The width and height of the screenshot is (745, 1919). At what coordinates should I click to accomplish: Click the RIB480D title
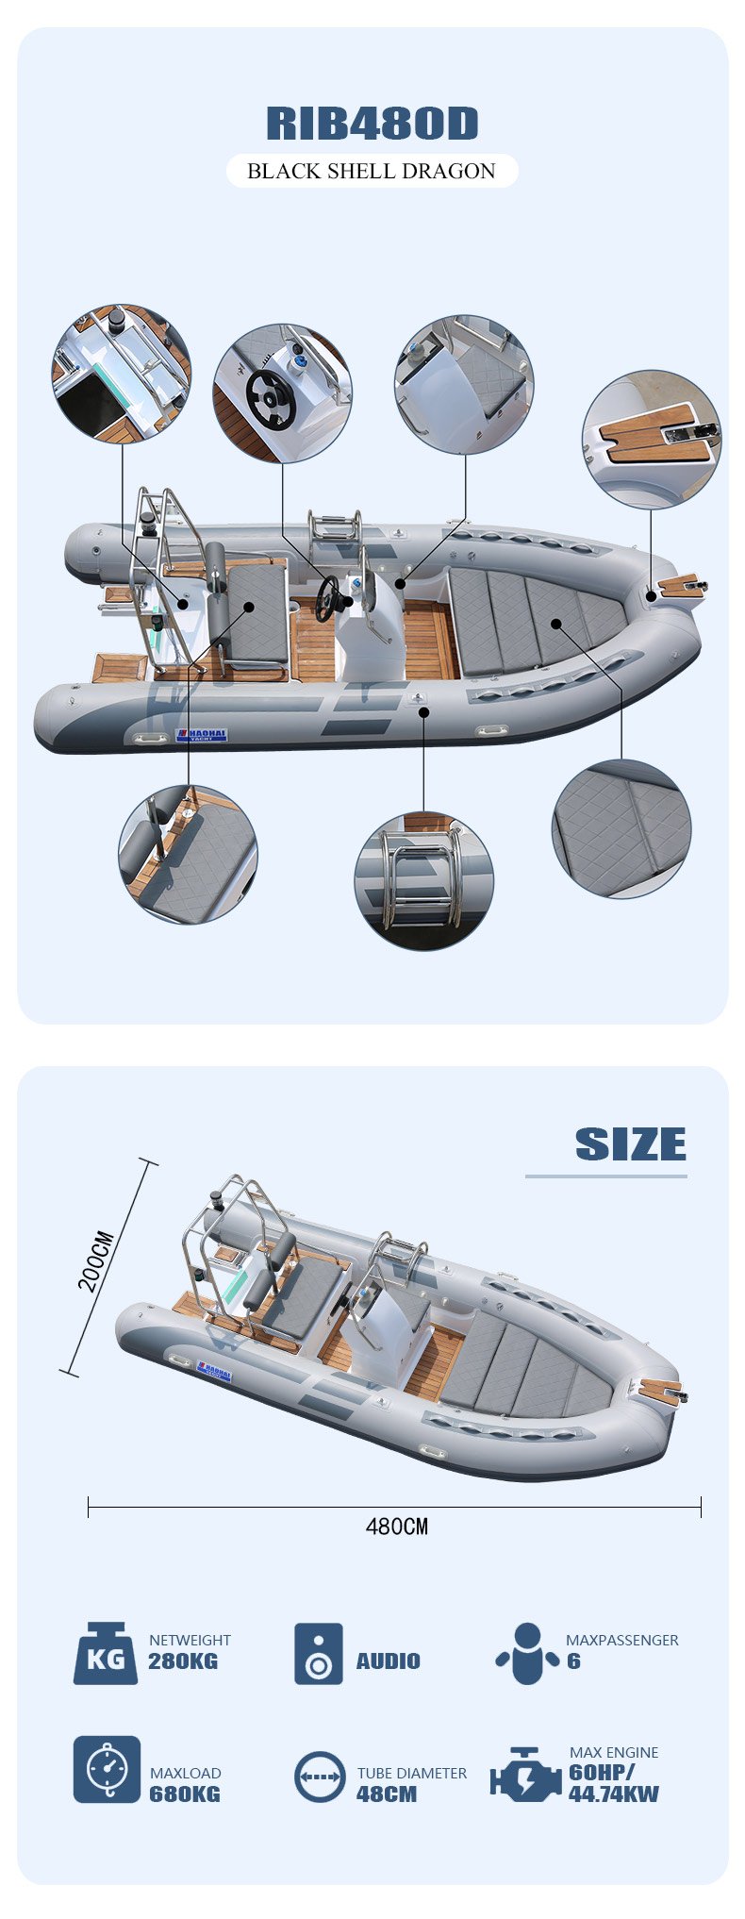pyautogui.click(x=372, y=124)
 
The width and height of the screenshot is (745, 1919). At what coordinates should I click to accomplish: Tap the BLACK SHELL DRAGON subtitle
pyautogui.click(x=372, y=171)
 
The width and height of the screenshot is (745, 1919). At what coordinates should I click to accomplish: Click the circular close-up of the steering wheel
pyautogui.click(x=282, y=393)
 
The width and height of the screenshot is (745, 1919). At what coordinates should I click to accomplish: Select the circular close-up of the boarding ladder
pyautogui.click(x=423, y=880)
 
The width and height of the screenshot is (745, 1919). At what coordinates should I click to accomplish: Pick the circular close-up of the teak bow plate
pyautogui.click(x=652, y=440)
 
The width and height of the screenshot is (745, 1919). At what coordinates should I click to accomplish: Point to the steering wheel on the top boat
pyautogui.click(x=330, y=599)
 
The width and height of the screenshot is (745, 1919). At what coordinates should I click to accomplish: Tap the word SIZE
pyautogui.click(x=631, y=1144)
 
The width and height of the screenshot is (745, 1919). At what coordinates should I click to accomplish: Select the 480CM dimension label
pyautogui.click(x=396, y=1526)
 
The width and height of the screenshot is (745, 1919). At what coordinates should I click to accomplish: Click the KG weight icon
pyautogui.click(x=105, y=1653)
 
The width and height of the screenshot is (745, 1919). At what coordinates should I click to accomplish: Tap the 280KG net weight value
pyautogui.click(x=183, y=1661)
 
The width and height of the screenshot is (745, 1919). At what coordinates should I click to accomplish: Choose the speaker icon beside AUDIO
pyautogui.click(x=319, y=1653)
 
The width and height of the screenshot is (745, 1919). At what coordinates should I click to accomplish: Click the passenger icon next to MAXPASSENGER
pyautogui.click(x=527, y=1653)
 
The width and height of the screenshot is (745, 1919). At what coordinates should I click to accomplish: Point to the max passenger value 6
pyautogui.click(x=573, y=1661)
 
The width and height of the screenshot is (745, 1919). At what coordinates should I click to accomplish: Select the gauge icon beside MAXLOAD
pyautogui.click(x=107, y=1769)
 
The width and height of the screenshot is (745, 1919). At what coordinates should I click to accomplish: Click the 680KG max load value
pyautogui.click(x=185, y=1794)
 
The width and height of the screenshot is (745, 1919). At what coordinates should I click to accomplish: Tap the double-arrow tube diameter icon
pyautogui.click(x=320, y=1777)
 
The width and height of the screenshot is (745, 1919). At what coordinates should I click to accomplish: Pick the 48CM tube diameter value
pyautogui.click(x=387, y=1794)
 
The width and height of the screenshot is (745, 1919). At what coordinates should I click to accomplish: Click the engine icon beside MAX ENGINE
pyautogui.click(x=525, y=1775)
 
